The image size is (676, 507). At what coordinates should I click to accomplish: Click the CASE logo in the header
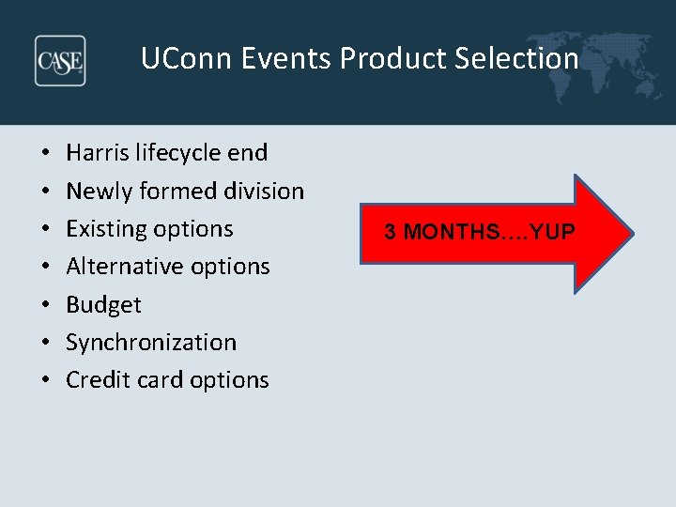[60, 60]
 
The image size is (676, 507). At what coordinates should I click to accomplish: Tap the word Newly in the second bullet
[100, 191]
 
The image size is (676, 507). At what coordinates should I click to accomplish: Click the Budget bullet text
[103, 305]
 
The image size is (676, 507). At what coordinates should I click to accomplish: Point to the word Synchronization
[151, 343]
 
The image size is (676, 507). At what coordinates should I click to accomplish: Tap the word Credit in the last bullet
[97, 380]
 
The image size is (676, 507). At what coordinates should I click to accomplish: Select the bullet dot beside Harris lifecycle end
[45, 153]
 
